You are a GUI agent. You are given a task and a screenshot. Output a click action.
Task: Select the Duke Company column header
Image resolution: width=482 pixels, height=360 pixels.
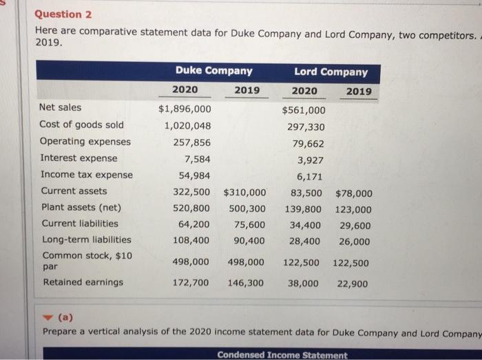pos(213,71)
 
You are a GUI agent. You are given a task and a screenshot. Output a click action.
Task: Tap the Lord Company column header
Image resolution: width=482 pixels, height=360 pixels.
pos(331,72)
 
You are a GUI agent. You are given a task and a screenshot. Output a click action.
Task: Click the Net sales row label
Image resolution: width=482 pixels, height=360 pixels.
pos(60,107)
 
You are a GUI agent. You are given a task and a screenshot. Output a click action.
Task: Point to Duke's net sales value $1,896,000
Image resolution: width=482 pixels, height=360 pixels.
pos(185,109)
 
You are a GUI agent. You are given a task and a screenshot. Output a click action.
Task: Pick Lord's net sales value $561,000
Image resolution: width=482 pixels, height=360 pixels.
pos(304,110)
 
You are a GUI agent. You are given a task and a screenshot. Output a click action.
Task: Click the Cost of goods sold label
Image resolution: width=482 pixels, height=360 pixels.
pos(82,125)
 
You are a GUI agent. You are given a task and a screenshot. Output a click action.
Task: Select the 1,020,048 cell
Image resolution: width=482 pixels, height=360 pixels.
pos(187,125)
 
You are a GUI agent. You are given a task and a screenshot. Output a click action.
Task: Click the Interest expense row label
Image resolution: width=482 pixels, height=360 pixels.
pos(78,158)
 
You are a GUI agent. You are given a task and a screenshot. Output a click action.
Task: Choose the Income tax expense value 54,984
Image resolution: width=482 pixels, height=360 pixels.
pos(191,176)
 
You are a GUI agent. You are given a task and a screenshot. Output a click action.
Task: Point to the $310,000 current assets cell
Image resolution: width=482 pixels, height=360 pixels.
pos(244,193)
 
